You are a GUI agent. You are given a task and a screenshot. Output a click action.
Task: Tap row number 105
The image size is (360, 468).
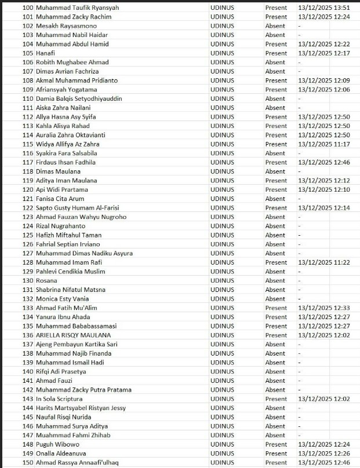point(28,53)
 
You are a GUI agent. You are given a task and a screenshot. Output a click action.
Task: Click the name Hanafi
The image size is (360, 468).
point(45,53)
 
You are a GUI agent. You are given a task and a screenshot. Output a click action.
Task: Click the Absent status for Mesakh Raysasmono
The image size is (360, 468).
point(275,26)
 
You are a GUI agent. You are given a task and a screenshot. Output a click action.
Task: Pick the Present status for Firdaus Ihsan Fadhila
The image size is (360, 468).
point(276,162)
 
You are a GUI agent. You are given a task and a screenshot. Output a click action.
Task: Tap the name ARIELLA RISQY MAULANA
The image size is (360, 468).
point(73,335)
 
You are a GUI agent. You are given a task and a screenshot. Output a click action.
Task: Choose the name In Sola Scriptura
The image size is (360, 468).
point(59,398)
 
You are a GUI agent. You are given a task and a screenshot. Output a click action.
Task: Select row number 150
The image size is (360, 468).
point(28,462)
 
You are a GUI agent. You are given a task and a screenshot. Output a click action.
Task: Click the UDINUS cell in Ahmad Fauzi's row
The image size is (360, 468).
point(222,381)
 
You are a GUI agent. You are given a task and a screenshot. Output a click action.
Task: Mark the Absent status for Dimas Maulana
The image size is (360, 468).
point(275,171)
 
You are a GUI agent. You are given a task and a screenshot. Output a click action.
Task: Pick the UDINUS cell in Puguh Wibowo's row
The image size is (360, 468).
point(222,444)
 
